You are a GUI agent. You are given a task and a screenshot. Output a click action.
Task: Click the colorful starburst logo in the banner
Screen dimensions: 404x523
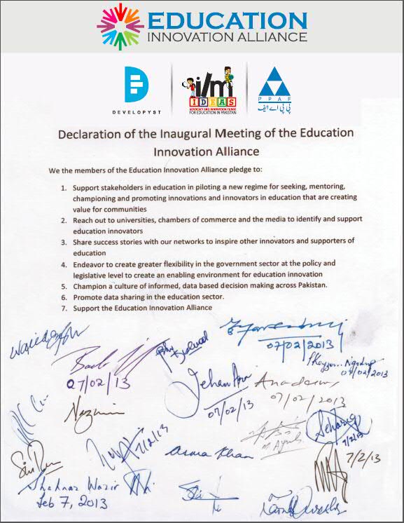click(120, 25)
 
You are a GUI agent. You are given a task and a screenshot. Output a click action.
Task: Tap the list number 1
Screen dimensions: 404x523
click(63, 189)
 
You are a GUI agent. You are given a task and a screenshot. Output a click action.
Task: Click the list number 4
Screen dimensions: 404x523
click(63, 264)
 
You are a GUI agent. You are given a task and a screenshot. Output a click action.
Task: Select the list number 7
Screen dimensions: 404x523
click(63, 308)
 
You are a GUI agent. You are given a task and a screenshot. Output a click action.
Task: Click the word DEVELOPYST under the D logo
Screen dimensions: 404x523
click(137, 111)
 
